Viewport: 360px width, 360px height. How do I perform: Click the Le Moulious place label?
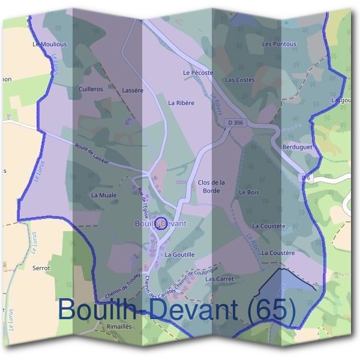[x=50, y=44]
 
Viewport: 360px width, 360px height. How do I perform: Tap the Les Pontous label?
[x=279, y=44]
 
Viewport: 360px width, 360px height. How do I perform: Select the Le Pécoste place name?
[x=198, y=73]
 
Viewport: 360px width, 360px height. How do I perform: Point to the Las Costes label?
[x=239, y=80]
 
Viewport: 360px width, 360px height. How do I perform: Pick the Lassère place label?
[x=133, y=90]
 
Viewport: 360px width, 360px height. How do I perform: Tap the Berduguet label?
[x=298, y=146]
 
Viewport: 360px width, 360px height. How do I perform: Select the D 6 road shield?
[x=306, y=178]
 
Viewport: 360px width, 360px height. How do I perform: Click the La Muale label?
[x=103, y=196]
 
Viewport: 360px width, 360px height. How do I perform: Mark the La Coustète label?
[x=269, y=226]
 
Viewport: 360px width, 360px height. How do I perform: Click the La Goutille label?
[x=179, y=254]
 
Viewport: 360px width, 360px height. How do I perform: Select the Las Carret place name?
[x=219, y=279]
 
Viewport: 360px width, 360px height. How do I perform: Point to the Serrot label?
[x=41, y=268]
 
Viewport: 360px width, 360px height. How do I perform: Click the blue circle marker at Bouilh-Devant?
[x=160, y=224]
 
